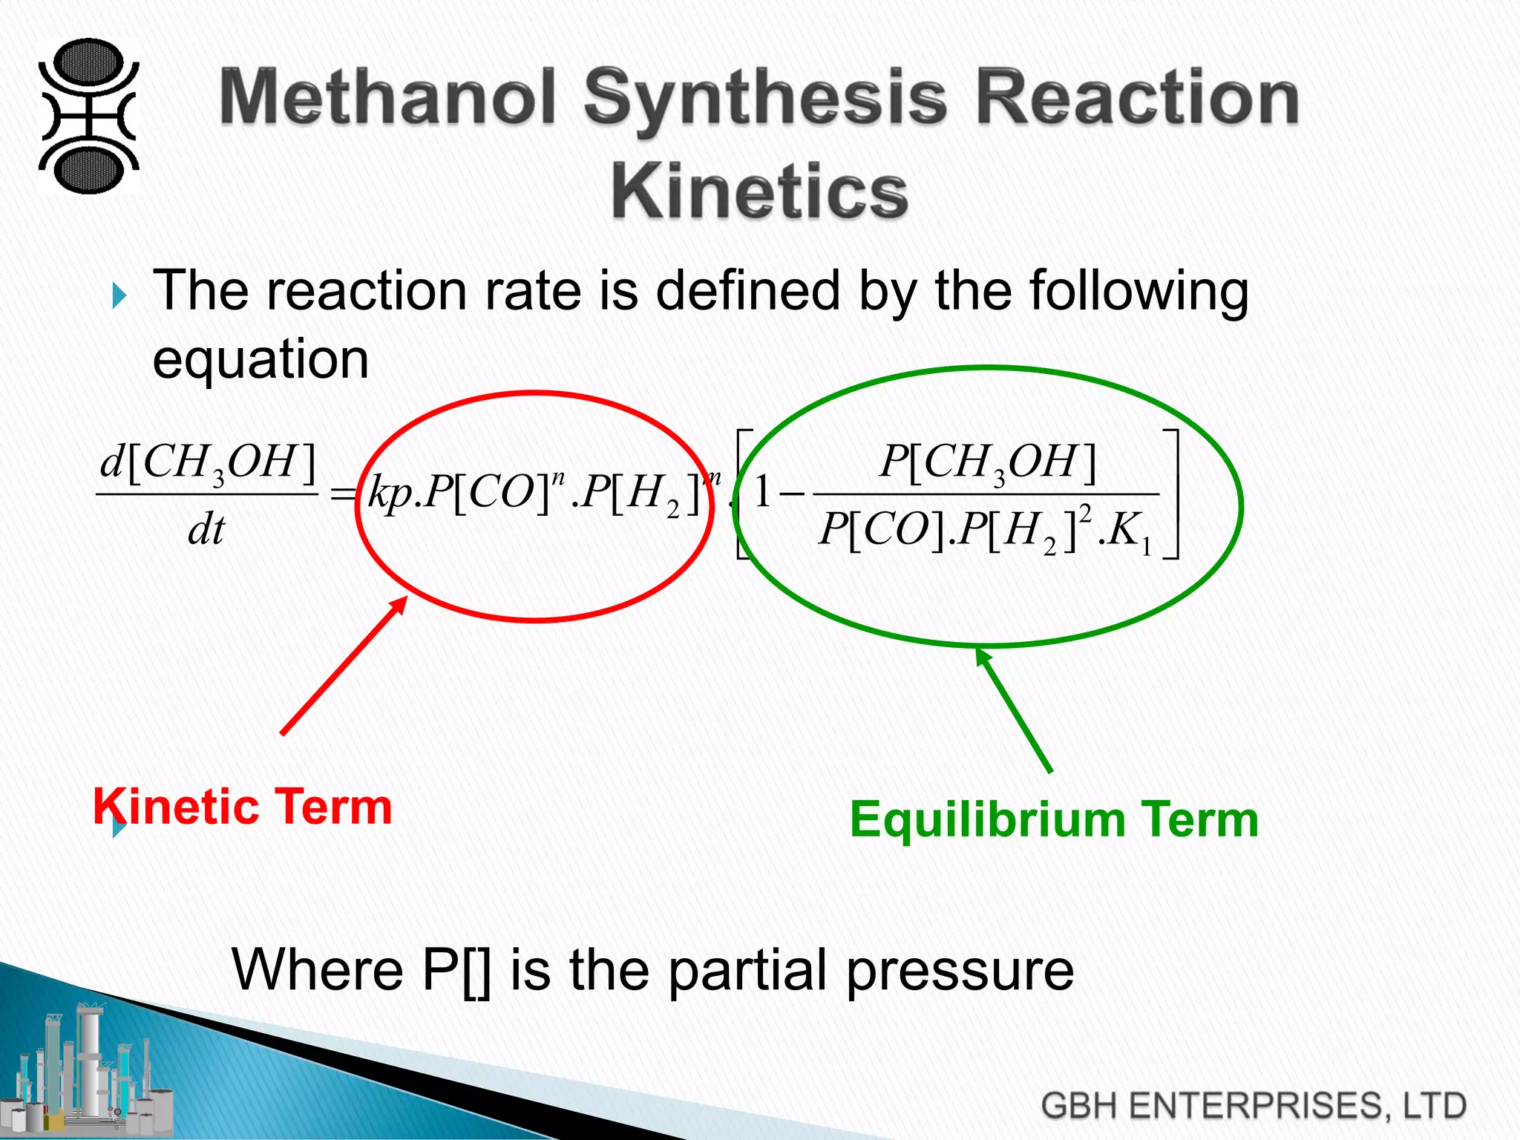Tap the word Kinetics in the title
759,191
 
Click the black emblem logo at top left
88,116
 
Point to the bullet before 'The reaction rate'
119,296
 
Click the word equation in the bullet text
261,359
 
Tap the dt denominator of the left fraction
206,530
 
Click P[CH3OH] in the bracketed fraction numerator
988,462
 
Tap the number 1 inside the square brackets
762,492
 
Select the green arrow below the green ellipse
1014,710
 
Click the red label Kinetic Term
243,807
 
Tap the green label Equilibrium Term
1053,819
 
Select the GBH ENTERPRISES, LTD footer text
1253,1105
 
